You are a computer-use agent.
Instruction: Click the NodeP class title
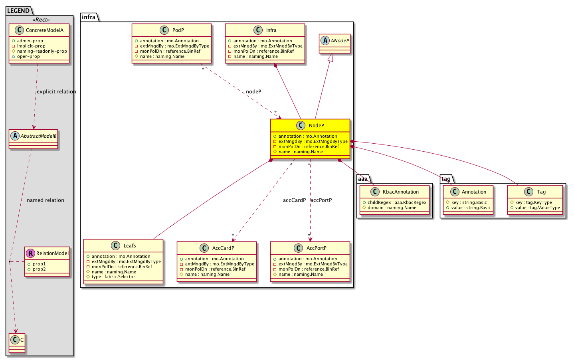(x=316, y=126)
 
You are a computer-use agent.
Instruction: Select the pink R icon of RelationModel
(x=30, y=253)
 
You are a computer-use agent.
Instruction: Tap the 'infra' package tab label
(x=89, y=17)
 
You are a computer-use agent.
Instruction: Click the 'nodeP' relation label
(x=253, y=91)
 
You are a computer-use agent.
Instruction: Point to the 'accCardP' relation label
(x=295, y=200)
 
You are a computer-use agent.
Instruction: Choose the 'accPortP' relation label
(x=321, y=200)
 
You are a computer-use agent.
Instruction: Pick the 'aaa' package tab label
(x=362, y=179)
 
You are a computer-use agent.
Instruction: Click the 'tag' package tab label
(x=446, y=179)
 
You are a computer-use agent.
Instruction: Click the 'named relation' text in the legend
(x=46, y=200)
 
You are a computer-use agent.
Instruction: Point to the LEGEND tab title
(x=18, y=11)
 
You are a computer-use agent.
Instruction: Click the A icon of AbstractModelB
(x=15, y=136)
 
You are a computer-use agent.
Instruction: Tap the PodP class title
(x=178, y=30)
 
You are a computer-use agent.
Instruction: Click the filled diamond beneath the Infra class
(x=275, y=66)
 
